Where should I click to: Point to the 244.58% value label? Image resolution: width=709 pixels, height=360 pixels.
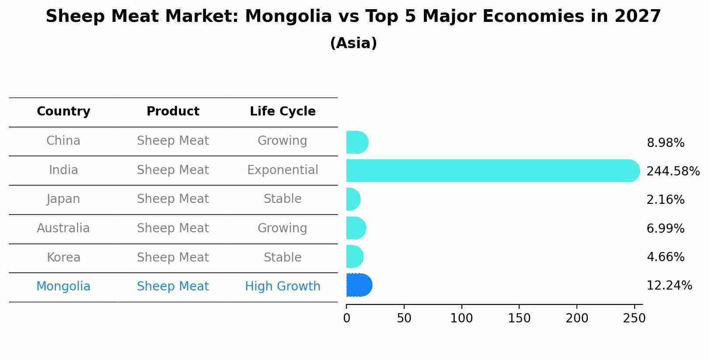(x=673, y=171)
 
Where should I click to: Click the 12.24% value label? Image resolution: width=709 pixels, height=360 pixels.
(x=669, y=286)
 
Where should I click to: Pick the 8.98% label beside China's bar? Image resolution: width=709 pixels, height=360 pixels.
(x=665, y=143)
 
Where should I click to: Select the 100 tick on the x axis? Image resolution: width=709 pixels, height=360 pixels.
(x=461, y=318)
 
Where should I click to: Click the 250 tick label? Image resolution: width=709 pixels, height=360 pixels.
(x=634, y=318)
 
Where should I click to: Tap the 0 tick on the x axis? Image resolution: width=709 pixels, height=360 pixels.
(x=347, y=318)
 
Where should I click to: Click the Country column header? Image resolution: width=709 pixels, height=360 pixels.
(x=63, y=112)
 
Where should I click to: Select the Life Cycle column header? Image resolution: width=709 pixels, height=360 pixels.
(x=283, y=112)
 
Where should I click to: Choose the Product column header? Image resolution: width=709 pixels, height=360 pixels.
(x=173, y=112)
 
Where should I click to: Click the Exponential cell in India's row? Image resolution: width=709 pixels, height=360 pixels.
(x=283, y=170)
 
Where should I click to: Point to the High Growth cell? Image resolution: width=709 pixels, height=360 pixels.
(x=283, y=287)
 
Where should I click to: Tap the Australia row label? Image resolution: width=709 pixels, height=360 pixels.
(x=63, y=228)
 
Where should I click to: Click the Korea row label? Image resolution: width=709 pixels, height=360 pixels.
(x=63, y=258)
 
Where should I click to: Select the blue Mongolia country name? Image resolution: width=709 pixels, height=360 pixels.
(x=63, y=287)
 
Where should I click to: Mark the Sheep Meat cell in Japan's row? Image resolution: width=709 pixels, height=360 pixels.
(x=173, y=199)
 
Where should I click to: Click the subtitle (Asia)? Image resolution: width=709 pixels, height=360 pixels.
(x=353, y=43)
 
